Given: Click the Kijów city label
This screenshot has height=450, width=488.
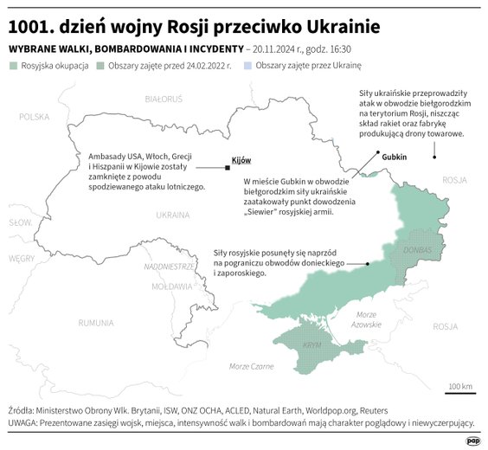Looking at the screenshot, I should pyautogui.click(x=241, y=161).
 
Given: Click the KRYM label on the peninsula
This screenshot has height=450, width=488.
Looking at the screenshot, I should pyautogui.click(x=312, y=344).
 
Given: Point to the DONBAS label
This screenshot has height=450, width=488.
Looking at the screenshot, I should pyautogui.click(x=417, y=250).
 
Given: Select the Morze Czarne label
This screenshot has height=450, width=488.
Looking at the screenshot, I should pyautogui.click(x=250, y=367).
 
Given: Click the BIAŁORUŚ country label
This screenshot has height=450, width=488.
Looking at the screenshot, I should pyautogui.click(x=164, y=100).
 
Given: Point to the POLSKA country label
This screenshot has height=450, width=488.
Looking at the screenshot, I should pyautogui.click(x=35, y=116).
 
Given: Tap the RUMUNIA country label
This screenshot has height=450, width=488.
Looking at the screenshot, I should pyautogui.click(x=95, y=323).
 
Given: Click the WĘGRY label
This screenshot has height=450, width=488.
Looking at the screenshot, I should pyautogui.click(x=22, y=258).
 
